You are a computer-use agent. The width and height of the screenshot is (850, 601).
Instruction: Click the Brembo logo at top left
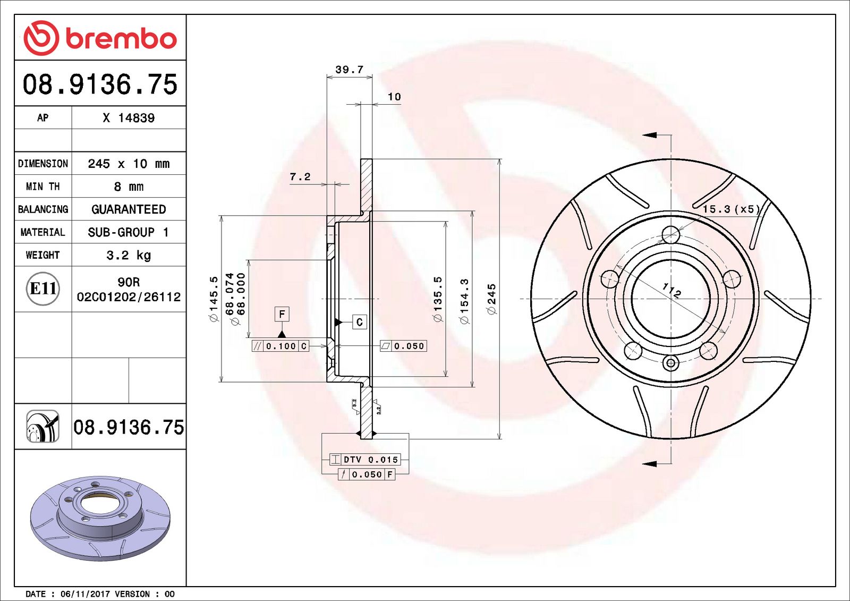(x=100, y=38)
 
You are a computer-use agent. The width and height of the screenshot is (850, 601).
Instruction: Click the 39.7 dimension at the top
(x=349, y=70)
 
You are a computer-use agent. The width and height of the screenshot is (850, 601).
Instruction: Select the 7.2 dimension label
(x=300, y=177)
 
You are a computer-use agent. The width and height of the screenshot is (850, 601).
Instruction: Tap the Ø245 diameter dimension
(x=491, y=299)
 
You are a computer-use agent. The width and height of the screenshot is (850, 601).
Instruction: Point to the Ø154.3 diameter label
(x=464, y=301)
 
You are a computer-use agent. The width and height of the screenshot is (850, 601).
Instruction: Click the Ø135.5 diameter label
(x=437, y=299)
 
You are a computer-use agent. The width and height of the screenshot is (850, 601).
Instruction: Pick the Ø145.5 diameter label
(x=214, y=299)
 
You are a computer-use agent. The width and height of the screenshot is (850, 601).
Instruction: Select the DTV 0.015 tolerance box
(x=365, y=460)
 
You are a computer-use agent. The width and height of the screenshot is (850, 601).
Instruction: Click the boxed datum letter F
(x=282, y=314)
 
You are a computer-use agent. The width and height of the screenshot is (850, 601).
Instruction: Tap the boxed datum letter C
(x=360, y=322)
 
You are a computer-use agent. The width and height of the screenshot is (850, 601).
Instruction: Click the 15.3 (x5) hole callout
(x=731, y=209)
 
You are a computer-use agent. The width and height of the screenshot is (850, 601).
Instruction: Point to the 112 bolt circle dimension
(x=671, y=290)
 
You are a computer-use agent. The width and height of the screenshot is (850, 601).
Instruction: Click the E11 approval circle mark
(x=43, y=289)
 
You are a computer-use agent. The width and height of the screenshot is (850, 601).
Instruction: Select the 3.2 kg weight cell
(x=129, y=255)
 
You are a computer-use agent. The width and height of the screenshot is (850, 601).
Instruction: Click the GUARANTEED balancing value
(x=129, y=209)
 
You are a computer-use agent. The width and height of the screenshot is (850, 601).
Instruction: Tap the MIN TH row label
(x=43, y=187)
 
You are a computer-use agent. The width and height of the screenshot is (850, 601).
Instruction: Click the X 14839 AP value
(x=129, y=118)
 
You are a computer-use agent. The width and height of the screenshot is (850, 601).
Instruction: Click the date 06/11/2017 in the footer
(x=81, y=594)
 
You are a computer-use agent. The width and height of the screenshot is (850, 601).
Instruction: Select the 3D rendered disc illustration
(x=100, y=518)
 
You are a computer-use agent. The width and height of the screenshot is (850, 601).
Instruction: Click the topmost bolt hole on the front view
(x=671, y=234)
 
